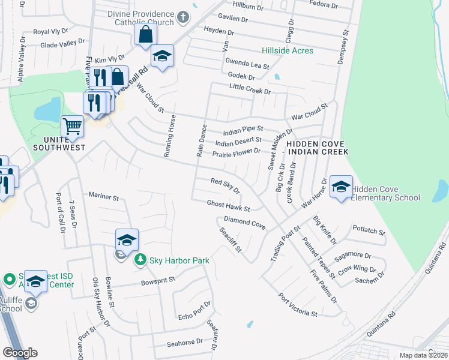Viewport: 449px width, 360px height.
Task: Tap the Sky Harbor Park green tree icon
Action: (x=140, y=259)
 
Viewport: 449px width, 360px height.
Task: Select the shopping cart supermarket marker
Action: (x=72, y=127)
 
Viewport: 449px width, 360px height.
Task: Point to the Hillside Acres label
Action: (x=287, y=51)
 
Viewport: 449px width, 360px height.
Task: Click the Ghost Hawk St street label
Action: (x=228, y=206)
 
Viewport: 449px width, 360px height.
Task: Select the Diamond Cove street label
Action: (x=244, y=223)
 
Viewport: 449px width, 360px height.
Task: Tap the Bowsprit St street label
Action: (x=158, y=280)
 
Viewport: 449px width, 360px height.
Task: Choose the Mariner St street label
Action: (x=104, y=196)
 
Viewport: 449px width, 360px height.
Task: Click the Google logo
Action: (x=20, y=353)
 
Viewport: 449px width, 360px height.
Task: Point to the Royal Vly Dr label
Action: (x=50, y=31)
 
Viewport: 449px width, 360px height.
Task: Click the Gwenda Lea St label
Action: (x=247, y=63)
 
